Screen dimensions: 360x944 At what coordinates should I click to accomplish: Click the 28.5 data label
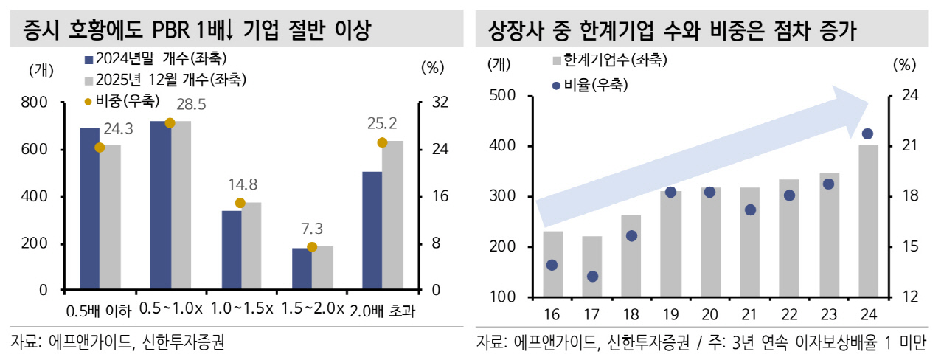tap(190, 104)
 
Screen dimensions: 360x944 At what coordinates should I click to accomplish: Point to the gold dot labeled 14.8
tap(240, 203)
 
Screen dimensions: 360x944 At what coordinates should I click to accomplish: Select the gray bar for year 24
tap(867, 221)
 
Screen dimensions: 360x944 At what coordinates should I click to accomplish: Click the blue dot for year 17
tap(592, 277)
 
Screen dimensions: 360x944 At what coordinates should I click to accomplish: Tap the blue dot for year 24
tap(867, 134)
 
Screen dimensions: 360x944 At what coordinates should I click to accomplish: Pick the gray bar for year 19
tap(670, 244)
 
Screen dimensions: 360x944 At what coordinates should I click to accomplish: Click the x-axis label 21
tap(749, 316)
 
